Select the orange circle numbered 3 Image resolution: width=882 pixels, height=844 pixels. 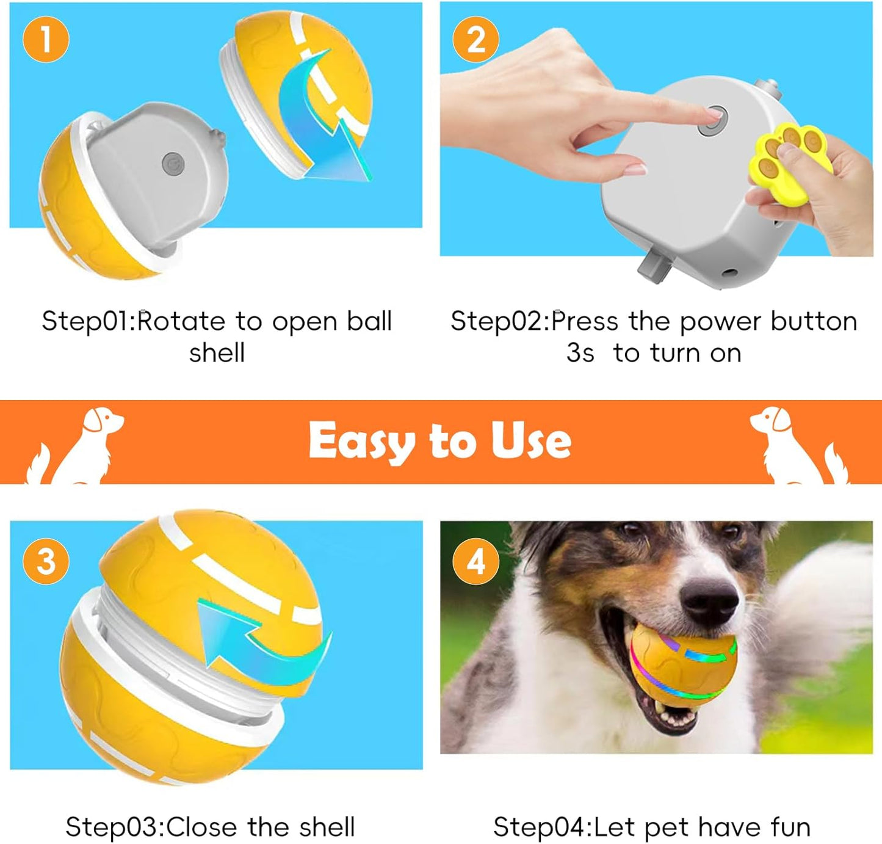46,561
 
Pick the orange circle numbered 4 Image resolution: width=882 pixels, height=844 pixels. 475,561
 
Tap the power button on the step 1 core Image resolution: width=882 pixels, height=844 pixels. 173,164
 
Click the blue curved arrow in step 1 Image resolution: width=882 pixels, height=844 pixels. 324,122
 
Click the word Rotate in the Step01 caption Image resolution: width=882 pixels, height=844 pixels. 182,321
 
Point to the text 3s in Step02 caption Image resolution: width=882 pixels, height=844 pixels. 580,353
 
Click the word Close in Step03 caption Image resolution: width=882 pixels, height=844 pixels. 202,827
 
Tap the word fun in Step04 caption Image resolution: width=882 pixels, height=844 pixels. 790,827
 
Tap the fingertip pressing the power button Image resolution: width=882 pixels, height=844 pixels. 712,114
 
